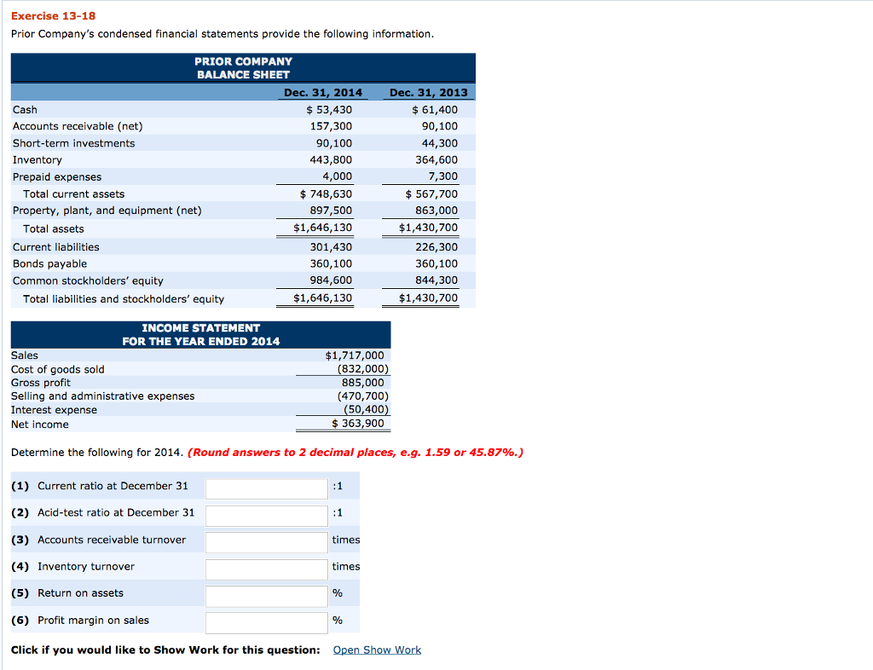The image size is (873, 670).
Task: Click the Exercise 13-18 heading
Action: (x=45, y=15)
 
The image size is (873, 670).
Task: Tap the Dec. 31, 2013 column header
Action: (x=428, y=92)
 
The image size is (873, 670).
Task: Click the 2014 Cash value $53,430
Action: (x=328, y=109)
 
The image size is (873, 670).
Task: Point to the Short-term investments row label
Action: (x=73, y=143)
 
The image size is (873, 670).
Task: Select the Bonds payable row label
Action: (x=49, y=263)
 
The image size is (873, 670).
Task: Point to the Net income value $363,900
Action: (x=357, y=424)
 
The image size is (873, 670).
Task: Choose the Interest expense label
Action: (x=54, y=410)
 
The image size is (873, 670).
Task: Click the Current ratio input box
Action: (x=266, y=488)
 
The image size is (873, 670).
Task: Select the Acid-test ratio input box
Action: (x=266, y=515)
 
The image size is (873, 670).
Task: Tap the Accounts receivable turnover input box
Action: (x=266, y=541)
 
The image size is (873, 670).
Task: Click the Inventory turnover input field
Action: (x=266, y=569)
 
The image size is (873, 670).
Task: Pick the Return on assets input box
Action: (x=266, y=595)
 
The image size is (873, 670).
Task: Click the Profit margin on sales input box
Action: (x=266, y=622)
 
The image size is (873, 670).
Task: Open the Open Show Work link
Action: (x=377, y=650)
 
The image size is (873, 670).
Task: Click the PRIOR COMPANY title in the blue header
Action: (x=243, y=61)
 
